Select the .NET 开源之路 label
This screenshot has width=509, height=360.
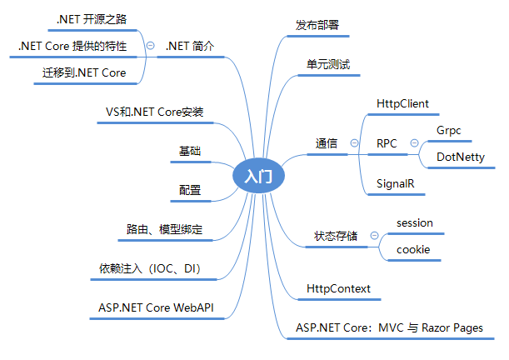point(91,18)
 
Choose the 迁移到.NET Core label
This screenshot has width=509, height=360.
point(84,73)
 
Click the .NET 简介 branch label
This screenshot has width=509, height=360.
point(190,46)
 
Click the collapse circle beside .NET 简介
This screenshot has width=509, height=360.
point(150,46)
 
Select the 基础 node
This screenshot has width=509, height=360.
point(190,151)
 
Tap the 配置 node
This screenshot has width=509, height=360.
point(190,190)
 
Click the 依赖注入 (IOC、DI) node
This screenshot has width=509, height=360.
point(150,268)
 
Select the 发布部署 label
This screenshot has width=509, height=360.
point(317,25)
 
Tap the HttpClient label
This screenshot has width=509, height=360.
point(402,103)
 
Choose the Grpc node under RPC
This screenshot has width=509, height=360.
point(448,130)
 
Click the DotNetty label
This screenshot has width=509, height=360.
point(461,157)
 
